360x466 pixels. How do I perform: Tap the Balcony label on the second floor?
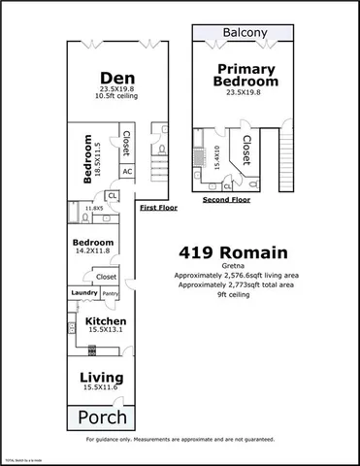tap(245, 32)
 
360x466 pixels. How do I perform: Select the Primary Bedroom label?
tap(245, 76)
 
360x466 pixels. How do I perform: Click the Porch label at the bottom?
tap(101, 419)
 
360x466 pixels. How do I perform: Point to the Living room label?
tap(101, 376)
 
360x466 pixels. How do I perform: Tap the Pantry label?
tap(111, 292)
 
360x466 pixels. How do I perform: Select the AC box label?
tap(127, 171)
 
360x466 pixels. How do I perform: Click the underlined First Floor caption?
tap(159, 208)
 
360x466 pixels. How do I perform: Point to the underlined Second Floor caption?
tap(226, 199)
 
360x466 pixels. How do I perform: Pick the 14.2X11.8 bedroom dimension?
tap(94, 253)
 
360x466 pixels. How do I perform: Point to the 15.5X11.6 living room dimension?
tap(101, 388)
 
